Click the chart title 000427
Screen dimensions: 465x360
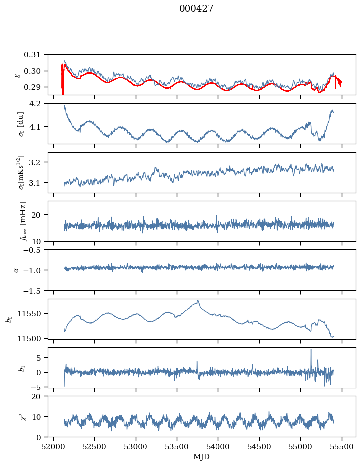click(x=196, y=9)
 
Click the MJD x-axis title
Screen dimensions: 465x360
click(x=202, y=457)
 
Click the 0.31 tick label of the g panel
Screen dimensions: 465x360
click(x=37, y=54)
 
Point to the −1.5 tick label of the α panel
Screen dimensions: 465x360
click(x=36, y=290)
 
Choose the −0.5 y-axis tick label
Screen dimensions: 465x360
click(x=36, y=250)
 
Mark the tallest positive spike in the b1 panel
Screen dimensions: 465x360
click(x=311, y=350)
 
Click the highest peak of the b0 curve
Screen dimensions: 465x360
click(x=198, y=301)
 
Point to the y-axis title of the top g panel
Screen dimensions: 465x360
click(x=18, y=75)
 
